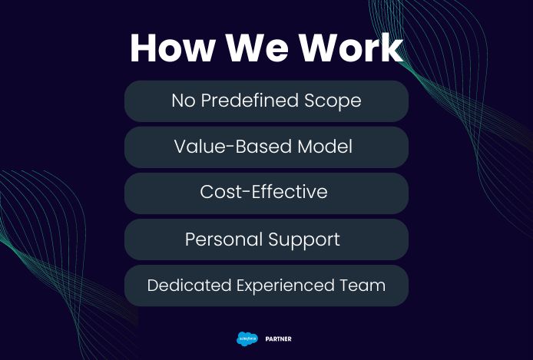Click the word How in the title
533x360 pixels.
[172, 48]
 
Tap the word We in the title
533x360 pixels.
[257, 48]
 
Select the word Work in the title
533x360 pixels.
[351, 48]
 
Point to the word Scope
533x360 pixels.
[333, 101]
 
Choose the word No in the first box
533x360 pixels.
[184, 101]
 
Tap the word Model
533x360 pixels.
[325, 147]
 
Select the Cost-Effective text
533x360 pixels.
[263, 192]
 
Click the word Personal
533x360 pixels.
[223, 239]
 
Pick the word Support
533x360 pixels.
[304, 240]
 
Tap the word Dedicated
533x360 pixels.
[189, 285]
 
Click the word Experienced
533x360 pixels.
[285, 286]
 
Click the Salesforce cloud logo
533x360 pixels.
[247, 339]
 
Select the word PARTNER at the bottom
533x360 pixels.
[278, 339]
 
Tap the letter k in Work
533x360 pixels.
[392, 48]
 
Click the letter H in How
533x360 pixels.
[144, 48]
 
